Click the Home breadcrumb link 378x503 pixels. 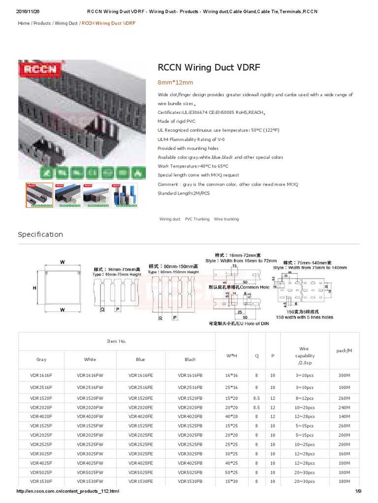(x=24, y=23)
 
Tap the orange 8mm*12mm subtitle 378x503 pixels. (x=175, y=82)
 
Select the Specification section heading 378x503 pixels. (x=40, y=234)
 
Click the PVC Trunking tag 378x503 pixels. (x=197, y=219)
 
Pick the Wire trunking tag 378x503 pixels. (x=226, y=219)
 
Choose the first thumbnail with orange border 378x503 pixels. (x=40, y=195)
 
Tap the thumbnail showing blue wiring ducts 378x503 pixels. (x=68, y=195)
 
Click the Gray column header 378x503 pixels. (x=41, y=360)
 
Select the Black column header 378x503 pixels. (x=190, y=360)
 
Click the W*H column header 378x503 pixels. (x=231, y=356)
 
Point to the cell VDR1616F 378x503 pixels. (x=41, y=375)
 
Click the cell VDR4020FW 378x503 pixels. (x=90, y=416)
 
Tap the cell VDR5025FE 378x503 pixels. (x=140, y=472)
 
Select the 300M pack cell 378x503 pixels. (x=344, y=375)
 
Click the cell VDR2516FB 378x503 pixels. (x=190, y=388)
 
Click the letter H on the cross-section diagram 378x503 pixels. (x=34, y=288)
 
